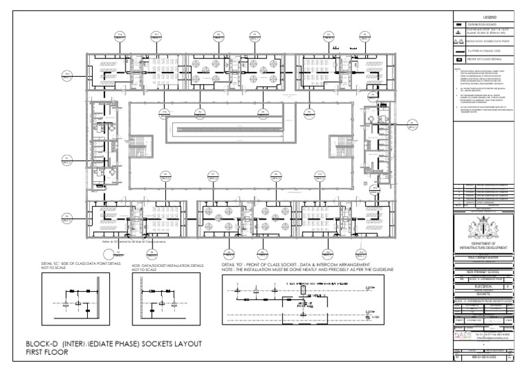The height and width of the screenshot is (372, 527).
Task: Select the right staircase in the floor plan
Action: pyautogui.click(x=338, y=145)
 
